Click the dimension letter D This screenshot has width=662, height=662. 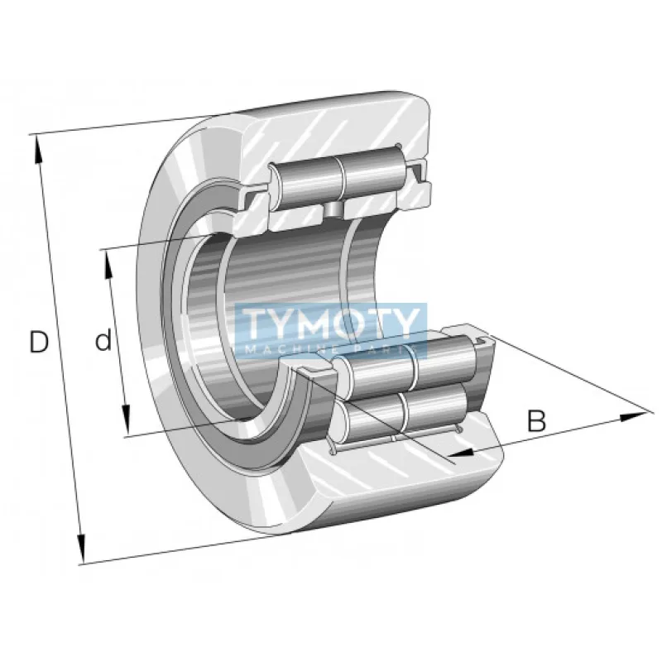click(x=39, y=342)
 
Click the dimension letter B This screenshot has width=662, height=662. click(x=537, y=421)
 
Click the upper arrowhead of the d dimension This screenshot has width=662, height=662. click(x=108, y=258)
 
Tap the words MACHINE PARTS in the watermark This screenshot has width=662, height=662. click(x=331, y=350)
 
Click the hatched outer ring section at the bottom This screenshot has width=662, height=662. click(x=397, y=488)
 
